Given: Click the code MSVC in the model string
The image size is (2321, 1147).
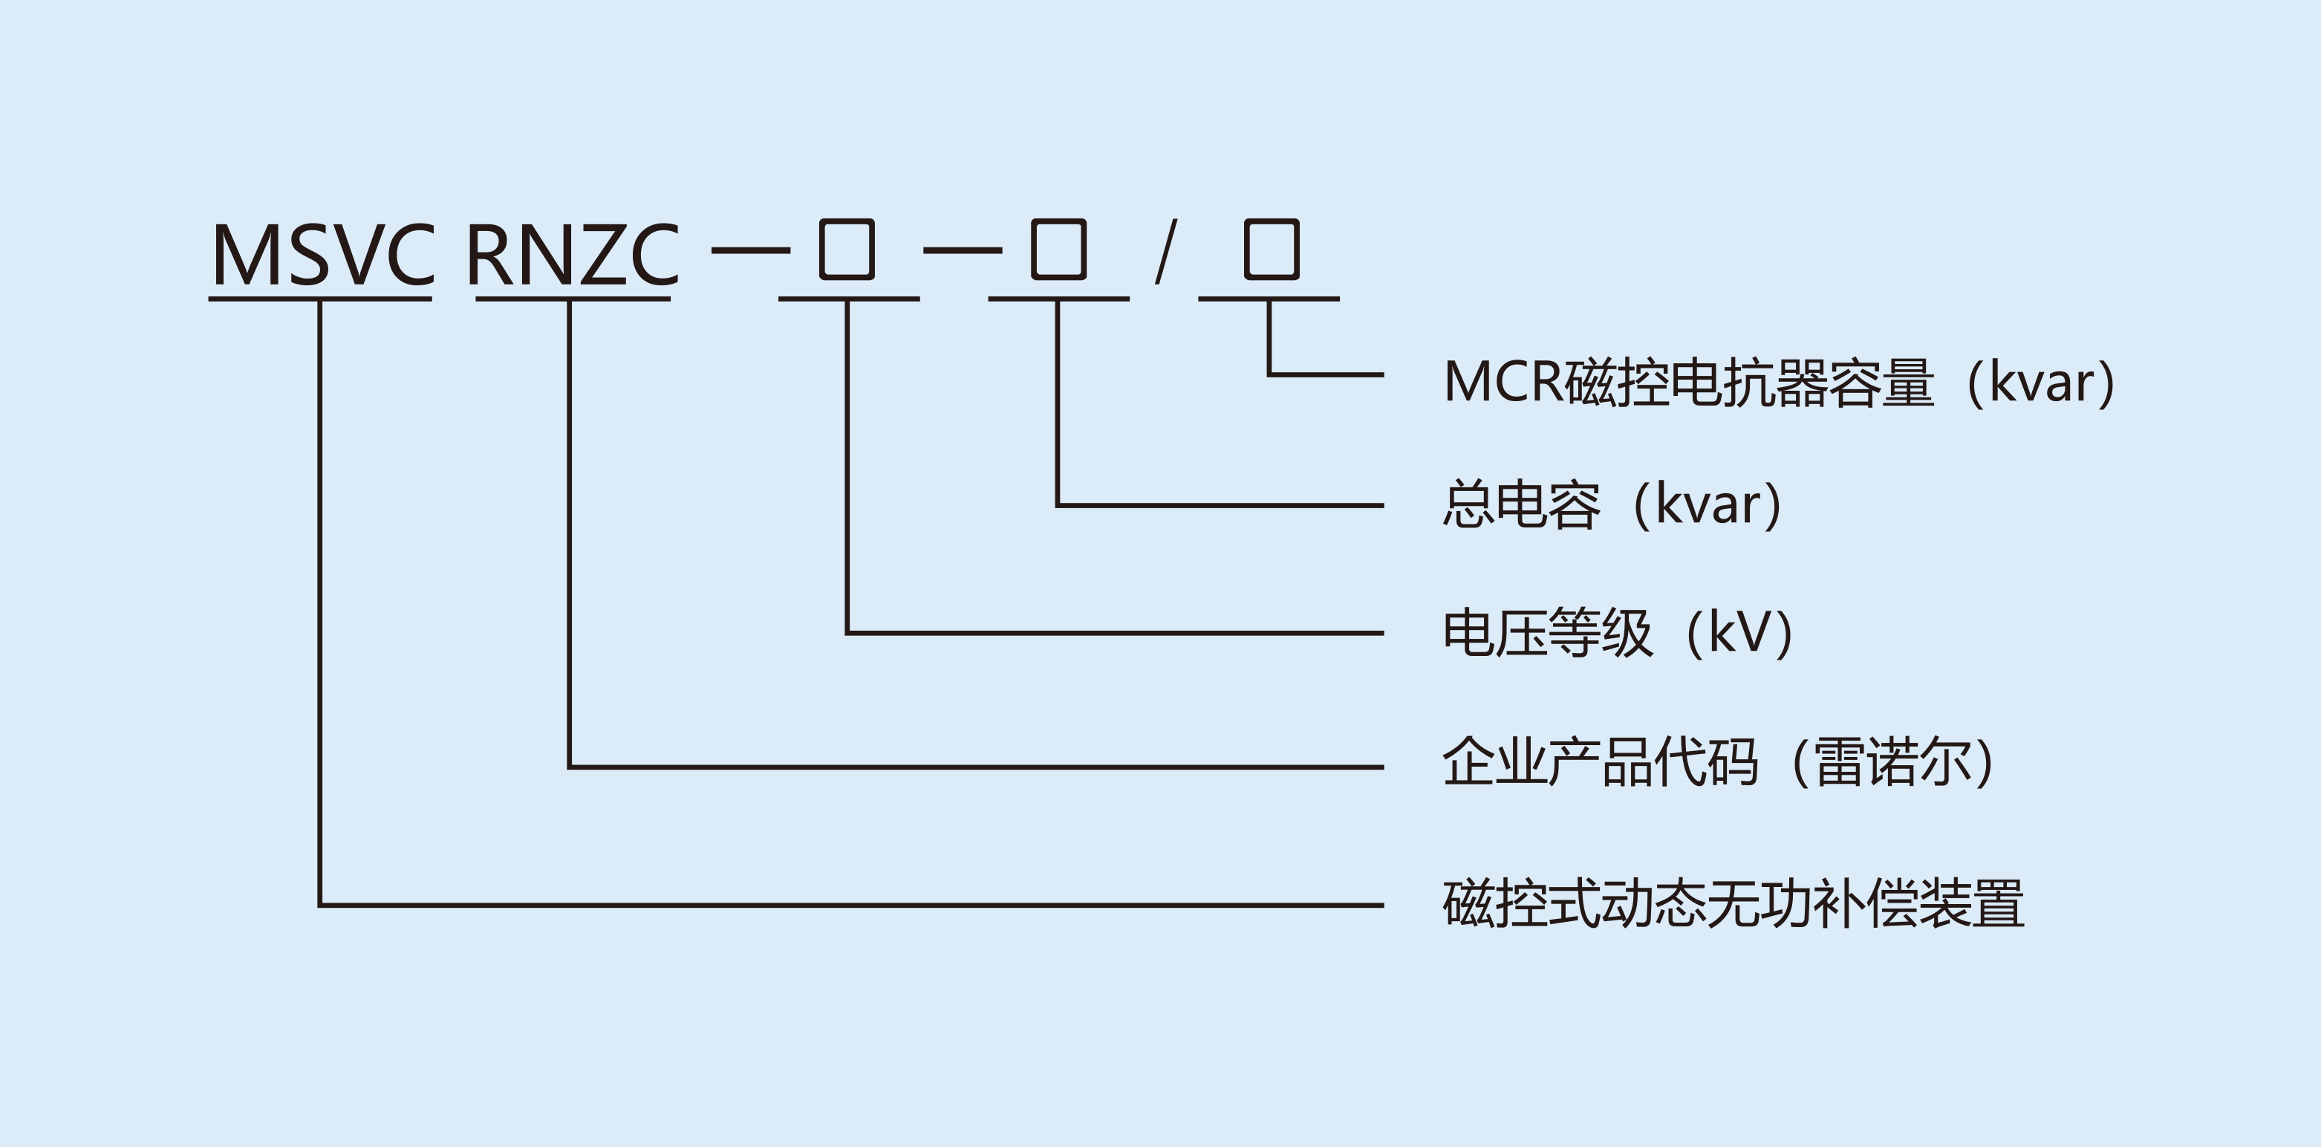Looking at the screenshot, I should pyautogui.click(x=322, y=255).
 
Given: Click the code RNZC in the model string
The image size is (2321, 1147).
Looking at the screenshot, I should pyautogui.click(x=572, y=255).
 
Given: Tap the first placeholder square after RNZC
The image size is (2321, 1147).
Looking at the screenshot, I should pyautogui.click(x=846, y=249).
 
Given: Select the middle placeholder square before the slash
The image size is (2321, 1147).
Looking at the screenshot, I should pyautogui.click(x=1058, y=249).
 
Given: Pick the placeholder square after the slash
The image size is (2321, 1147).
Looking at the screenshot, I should pyautogui.click(x=1271, y=249).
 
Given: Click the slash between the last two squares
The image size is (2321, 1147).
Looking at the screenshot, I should pyautogui.click(x=1166, y=253).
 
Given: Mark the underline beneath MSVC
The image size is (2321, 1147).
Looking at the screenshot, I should pyautogui.click(x=320, y=298).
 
